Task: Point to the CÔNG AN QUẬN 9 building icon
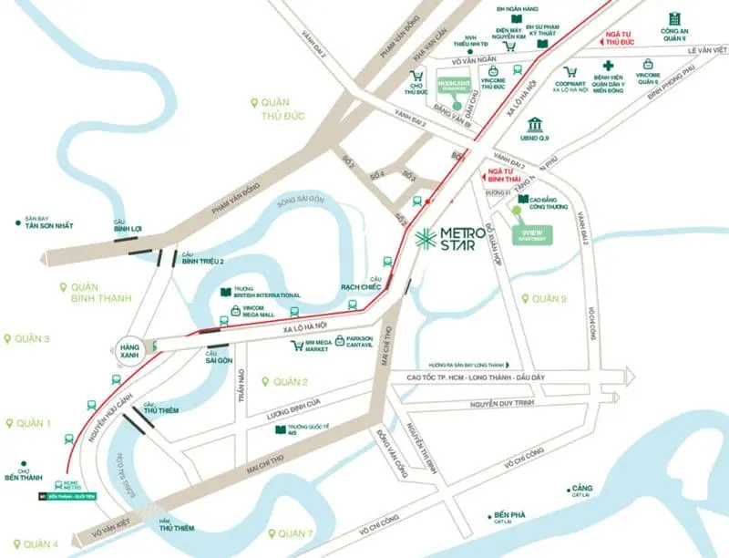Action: (x=674, y=19)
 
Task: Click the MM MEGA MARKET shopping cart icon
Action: (x=297, y=346)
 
